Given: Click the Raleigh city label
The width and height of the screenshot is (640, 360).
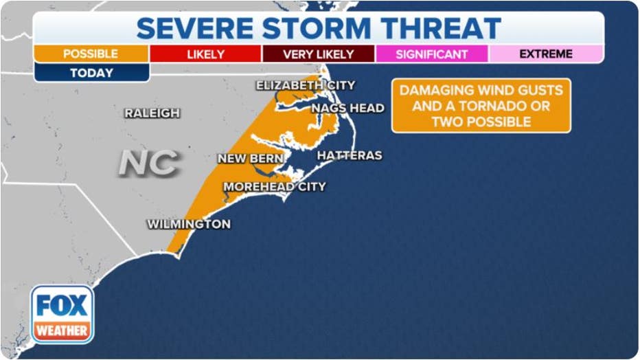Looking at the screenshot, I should coord(152,113).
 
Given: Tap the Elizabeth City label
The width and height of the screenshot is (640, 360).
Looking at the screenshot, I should coord(306,85).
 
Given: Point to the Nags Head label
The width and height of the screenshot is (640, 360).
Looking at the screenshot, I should coord(347,108).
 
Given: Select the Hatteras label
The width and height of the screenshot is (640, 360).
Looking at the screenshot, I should coord(349,156).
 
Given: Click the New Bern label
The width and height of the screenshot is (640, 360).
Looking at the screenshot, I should coord(246,159).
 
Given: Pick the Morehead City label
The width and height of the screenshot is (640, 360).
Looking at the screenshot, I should coord(275,186).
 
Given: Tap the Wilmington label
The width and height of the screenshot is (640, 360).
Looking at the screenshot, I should coord(189,224).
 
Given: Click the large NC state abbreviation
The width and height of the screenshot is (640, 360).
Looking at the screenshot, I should coord(149,163).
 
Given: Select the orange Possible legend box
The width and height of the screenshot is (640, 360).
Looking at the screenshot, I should coord(91,54).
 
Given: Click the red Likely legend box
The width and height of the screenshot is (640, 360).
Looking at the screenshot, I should coord(205,54).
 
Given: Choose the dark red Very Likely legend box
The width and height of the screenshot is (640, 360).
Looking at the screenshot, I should coord(319,54).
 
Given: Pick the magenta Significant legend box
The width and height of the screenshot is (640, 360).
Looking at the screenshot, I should coord(432,54).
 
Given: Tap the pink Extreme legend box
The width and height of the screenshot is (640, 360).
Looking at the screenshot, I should coord(546,54).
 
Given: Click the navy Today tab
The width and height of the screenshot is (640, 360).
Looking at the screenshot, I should coord(91,73).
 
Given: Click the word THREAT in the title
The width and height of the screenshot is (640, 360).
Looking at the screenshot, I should coord(442,28).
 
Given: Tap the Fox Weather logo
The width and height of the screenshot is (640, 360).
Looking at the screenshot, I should coord(62,314).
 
